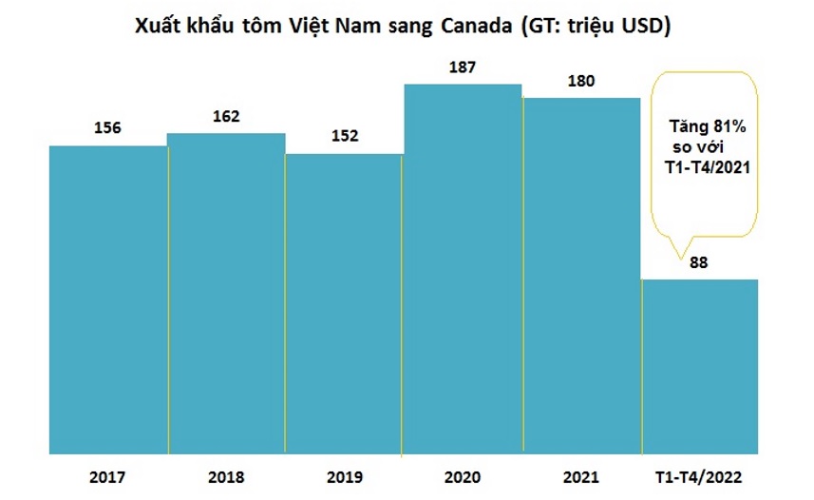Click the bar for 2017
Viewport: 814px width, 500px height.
(108, 299)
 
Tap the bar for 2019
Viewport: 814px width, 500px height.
(344, 304)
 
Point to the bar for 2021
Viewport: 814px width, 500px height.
(581, 276)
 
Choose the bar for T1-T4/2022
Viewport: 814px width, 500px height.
(700, 366)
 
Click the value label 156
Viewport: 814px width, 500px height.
(108, 128)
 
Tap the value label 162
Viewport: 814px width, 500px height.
(226, 116)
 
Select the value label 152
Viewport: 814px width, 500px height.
(344, 136)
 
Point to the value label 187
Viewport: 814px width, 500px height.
(463, 67)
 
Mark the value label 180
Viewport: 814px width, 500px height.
(581, 81)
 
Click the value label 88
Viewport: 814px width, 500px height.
(700, 263)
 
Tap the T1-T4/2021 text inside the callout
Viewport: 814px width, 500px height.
(705, 168)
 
